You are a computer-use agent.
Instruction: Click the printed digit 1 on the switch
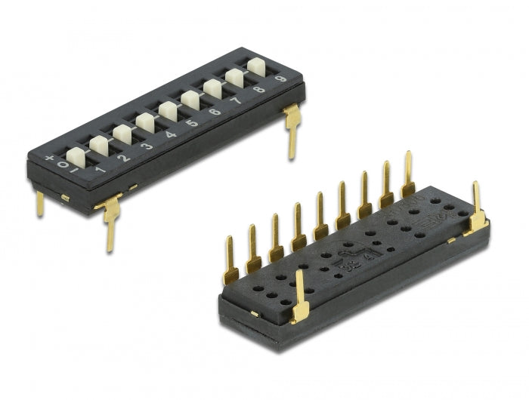(x=100, y=171)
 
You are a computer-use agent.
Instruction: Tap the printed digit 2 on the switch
(x=124, y=158)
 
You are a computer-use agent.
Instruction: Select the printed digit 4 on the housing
(x=170, y=135)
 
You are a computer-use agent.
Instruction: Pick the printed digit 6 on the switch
(x=215, y=112)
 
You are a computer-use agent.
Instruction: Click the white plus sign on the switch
(x=50, y=158)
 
